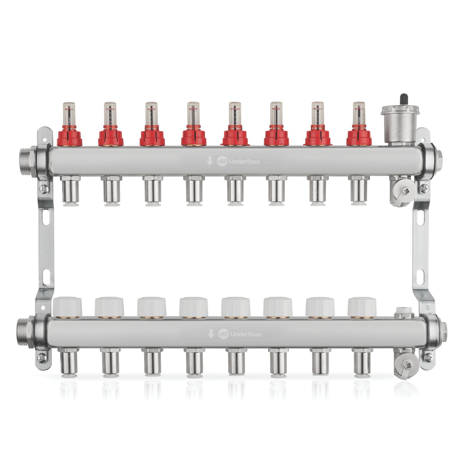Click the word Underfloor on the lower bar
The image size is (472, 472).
click(x=241, y=334)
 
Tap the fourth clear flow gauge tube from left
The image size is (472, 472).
click(x=191, y=113)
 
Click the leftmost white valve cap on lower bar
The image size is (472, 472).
click(x=68, y=307)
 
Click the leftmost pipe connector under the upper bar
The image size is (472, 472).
click(x=70, y=190)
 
